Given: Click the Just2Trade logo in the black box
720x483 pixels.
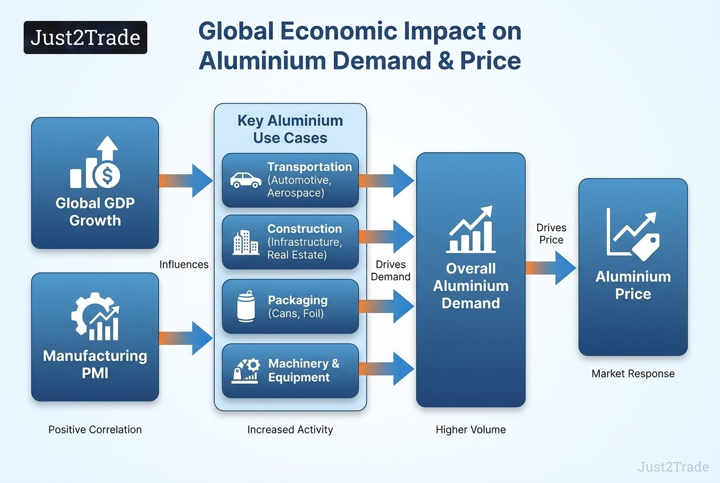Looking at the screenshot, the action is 85,37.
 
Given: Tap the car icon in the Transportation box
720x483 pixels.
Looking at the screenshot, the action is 246,181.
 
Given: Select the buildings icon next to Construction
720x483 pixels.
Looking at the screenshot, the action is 246,243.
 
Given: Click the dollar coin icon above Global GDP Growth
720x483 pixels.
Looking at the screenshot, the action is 107,175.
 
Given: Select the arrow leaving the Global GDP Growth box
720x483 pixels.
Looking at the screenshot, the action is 186,181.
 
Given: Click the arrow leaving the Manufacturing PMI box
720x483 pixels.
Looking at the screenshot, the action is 186,338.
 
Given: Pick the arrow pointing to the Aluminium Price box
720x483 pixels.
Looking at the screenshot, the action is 551,268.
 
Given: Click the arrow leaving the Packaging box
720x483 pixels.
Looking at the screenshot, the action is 386,306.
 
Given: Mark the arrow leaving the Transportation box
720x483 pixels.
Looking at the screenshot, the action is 386,181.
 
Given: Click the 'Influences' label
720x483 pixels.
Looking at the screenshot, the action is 184,264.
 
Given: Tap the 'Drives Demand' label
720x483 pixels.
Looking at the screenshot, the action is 391,270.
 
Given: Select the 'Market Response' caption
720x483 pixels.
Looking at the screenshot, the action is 633,374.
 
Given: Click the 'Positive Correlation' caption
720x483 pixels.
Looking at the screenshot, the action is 95,429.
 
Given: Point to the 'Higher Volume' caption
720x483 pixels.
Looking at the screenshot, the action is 471,429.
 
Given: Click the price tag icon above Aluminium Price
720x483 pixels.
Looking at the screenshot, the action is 646,247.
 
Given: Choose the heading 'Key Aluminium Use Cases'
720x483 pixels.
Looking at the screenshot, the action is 290,129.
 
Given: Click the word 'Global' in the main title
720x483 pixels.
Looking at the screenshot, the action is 236,31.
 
